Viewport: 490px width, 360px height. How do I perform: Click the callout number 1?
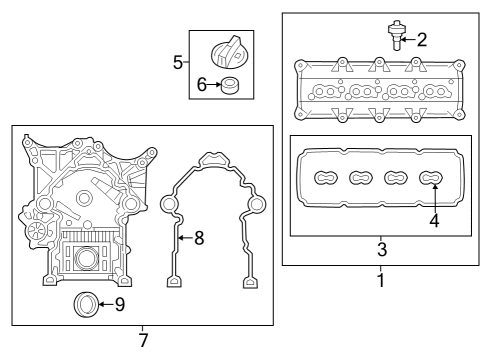tap(380, 281)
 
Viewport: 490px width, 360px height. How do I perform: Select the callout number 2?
tap(422, 40)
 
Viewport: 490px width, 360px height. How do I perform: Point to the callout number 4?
tap(434, 218)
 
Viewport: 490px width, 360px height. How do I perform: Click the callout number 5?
tap(178, 62)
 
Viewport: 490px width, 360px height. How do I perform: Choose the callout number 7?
tap(143, 341)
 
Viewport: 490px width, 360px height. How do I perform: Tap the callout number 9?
tap(119, 303)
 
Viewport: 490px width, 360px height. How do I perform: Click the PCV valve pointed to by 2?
tap(397, 35)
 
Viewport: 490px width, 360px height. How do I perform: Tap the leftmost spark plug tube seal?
tap(325, 178)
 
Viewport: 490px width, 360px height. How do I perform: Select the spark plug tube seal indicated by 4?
tap(432, 178)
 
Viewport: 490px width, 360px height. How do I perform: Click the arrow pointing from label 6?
tap(214, 85)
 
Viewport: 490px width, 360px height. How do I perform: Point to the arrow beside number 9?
tap(106, 303)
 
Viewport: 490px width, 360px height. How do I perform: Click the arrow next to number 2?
tap(409, 40)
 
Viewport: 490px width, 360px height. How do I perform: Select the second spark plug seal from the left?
tap(361, 178)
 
